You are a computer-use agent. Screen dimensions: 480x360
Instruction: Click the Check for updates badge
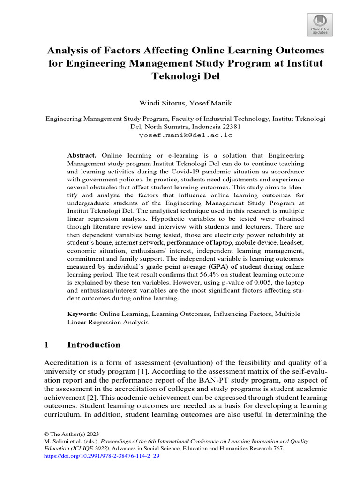[x=320, y=24]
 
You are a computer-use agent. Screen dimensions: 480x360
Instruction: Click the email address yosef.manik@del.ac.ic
[x=186, y=135]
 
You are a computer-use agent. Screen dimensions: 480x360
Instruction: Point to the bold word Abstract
[x=82, y=155]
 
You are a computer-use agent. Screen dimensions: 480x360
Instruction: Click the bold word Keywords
[x=82, y=314]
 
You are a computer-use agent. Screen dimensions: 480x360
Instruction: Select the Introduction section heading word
[x=94, y=345]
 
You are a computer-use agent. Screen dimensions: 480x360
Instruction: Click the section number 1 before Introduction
[x=46, y=345]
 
